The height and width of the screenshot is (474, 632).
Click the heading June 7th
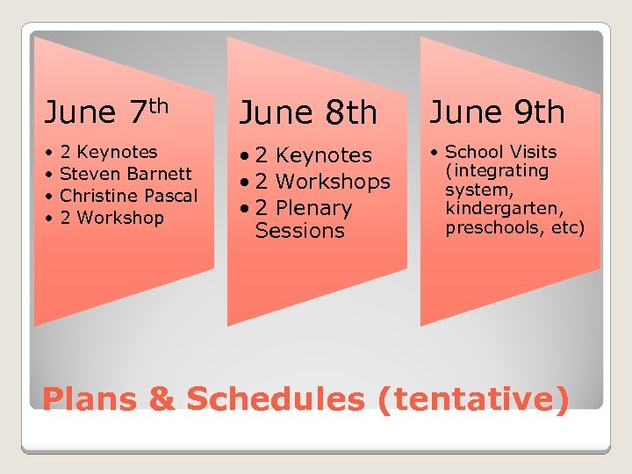point(105,111)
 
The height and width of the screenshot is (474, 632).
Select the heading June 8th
point(308,112)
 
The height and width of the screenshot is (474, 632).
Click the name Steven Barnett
point(125,174)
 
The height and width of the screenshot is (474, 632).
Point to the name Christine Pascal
point(128,195)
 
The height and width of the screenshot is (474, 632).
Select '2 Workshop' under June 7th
point(111,217)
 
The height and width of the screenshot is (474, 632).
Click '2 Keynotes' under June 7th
point(108,152)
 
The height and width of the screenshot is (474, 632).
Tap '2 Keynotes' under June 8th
point(313,155)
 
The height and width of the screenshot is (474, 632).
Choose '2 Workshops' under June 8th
point(322,182)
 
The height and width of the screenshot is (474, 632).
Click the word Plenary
point(312,208)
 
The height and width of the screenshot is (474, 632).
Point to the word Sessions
point(299,231)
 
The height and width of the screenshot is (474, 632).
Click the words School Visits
point(501,152)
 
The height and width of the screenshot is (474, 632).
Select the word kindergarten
point(497,209)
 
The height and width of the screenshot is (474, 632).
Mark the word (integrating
point(497,170)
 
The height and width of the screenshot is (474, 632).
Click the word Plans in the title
point(91,399)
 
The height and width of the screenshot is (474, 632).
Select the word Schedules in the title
point(275,399)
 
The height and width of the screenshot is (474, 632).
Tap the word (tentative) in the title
point(473,399)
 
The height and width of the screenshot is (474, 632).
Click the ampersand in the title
point(162,399)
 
